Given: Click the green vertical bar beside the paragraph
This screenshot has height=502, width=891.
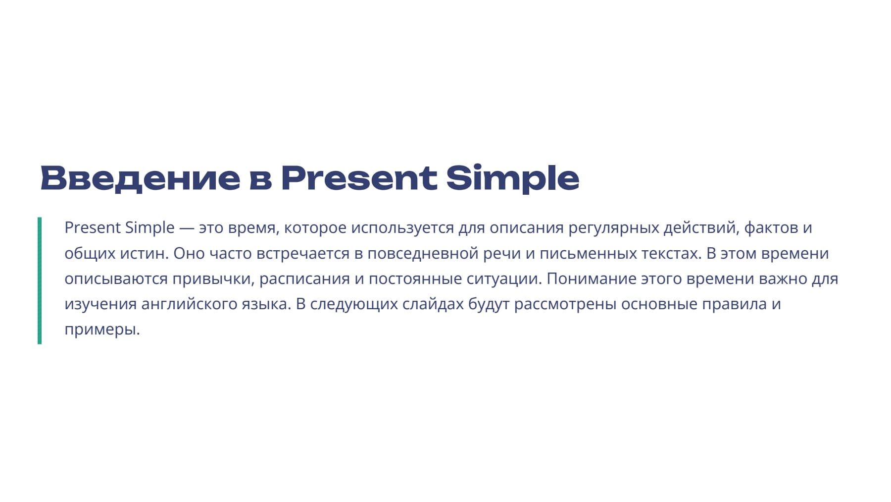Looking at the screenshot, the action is click(40, 280).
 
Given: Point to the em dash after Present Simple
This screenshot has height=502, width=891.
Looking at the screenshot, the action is click(187, 228).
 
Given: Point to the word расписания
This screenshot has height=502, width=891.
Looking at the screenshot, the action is click(305, 279).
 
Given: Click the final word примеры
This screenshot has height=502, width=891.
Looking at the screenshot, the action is click(102, 330).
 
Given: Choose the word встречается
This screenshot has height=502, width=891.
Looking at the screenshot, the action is click(303, 254).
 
